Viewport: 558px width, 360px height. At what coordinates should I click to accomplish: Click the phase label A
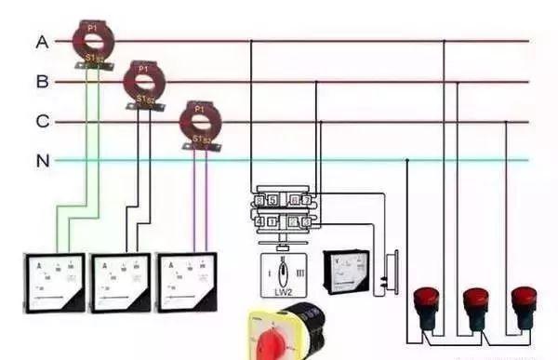tap(42, 42)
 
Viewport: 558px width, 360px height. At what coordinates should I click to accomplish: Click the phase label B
tap(42, 82)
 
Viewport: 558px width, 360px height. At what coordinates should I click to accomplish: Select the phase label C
tap(42, 122)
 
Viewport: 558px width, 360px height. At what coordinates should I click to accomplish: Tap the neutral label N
tap(42, 161)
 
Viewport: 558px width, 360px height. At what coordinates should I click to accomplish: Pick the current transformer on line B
tap(144, 81)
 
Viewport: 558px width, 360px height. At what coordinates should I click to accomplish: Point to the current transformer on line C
tap(197, 121)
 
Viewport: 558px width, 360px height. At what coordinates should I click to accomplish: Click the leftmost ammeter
tap(54, 282)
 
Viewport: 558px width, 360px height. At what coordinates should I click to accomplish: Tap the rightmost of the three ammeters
tap(189, 282)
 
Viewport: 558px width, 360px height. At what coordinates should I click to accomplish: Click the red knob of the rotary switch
tap(280, 338)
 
